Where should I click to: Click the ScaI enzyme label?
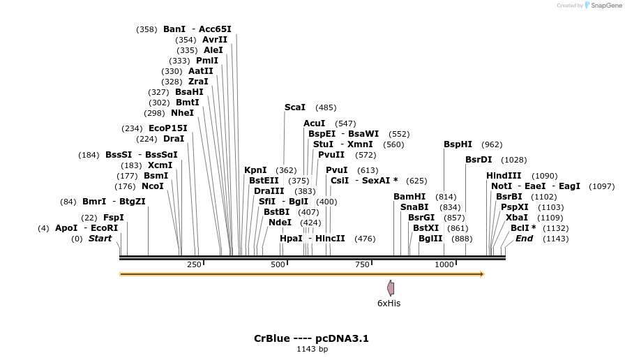click(x=295, y=107)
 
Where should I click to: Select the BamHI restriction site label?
click(x=409, y=197)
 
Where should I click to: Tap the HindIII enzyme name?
click(x=504, y=176)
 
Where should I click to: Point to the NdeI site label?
click(x=280, y=223)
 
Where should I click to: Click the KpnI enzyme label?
click(x=255, y=170)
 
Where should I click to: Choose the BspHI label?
click(x=458, y=144)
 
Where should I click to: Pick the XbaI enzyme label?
click(x=517, y=218)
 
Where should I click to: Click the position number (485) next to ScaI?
click(x=326, y=107)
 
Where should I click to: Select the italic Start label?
click(x=100, y=239)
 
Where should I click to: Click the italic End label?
click(x=524, y=239)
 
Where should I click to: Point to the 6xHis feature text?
click(x=389, y=303)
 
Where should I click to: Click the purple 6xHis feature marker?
click(x=391, y=287)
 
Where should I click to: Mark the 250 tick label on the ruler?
click(x=194, y=264)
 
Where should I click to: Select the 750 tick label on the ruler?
click(x=362, y=264)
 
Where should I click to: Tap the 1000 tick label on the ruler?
click(x=444, y=264)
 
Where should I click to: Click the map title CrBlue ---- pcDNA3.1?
click(x=311, y=338)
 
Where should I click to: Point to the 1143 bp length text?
click(x=312, y=349)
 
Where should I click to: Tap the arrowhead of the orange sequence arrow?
click(x=481, y=274)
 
